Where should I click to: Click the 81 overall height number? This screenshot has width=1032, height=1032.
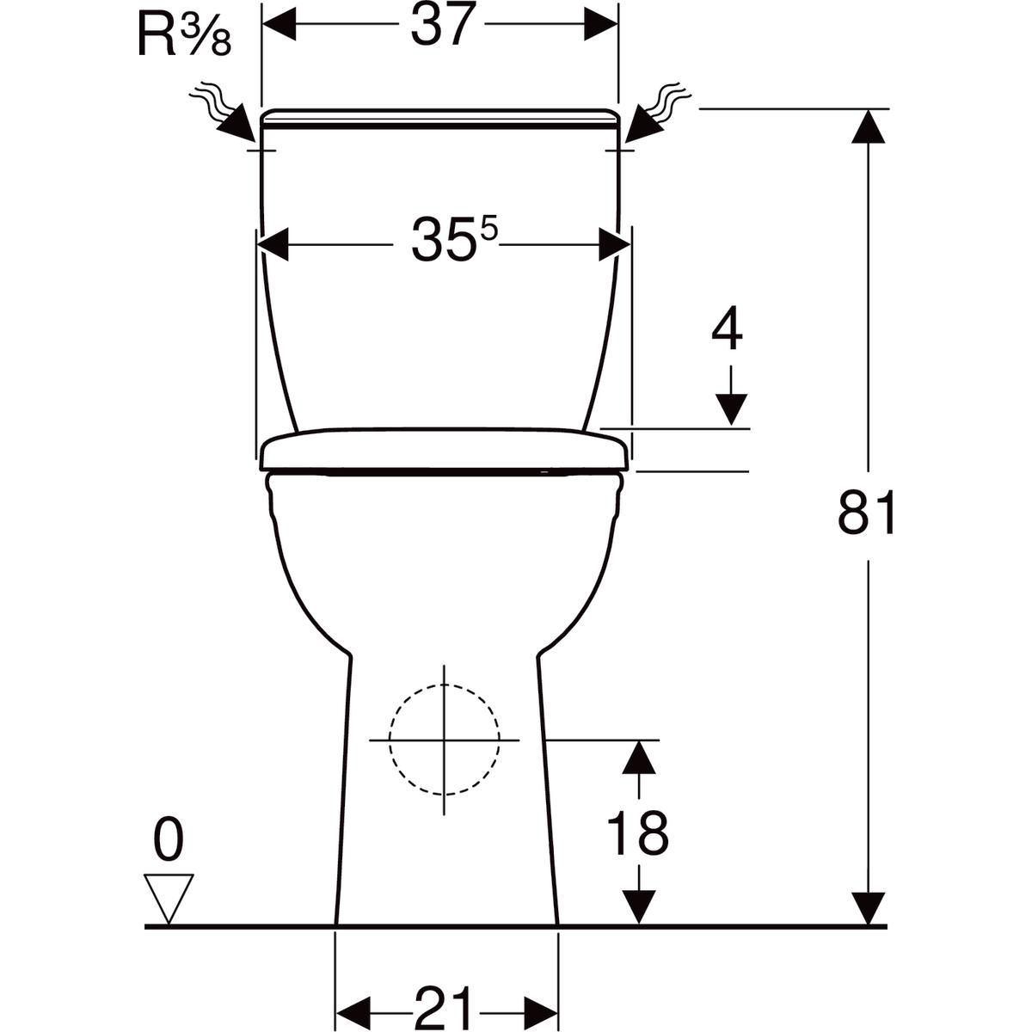(867, 514)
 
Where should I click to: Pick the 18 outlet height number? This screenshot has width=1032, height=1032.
(637, 832)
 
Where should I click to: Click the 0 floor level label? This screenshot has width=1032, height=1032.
(169, 840)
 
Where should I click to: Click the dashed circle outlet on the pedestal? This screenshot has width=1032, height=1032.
(444, 740)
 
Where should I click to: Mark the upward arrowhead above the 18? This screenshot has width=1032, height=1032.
(637, 757)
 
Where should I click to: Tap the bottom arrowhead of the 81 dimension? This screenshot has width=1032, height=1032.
(869, 908)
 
